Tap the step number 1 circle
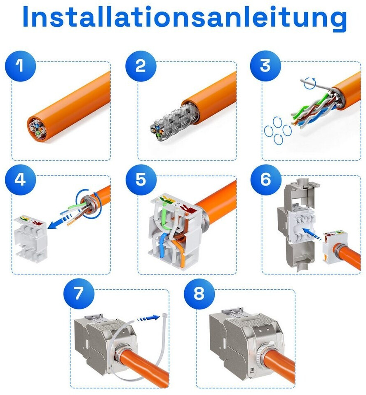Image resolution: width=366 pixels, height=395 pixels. point(21,66)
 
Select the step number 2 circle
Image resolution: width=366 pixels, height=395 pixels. point(141,66)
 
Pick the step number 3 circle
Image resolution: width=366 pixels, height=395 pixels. point(265,66)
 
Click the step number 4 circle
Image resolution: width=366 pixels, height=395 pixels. point(21,180)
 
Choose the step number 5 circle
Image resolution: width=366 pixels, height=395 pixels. point(141,180)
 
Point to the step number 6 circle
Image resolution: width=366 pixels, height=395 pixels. point(266,180)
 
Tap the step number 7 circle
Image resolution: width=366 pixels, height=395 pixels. point(79,293)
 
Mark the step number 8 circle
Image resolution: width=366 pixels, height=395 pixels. point(199,293)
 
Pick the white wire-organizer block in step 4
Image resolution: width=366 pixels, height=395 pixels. point(30,237)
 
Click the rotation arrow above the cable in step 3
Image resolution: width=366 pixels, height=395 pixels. point(310,83)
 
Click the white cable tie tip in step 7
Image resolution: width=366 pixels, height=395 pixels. point(164,316)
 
